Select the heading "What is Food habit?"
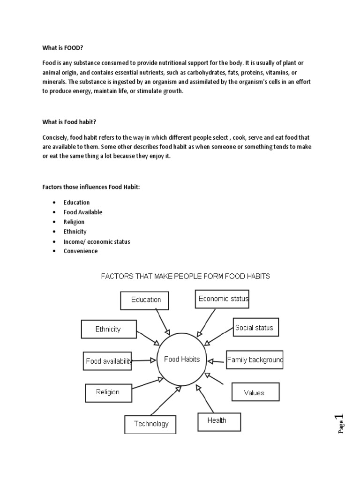tap(69, 122)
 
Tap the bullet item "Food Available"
tap(83, 212)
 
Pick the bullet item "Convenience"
tap(81, 251)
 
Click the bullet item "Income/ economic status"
tap(97, 241)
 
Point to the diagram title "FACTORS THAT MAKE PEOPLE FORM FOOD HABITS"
tap(186, 276)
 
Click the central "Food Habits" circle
tap(182, 360)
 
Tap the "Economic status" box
tap(222, 299)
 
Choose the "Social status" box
tap(255, 328)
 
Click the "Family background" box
tap(255, 360)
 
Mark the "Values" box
tap(255, 392)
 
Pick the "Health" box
tap(219, 421)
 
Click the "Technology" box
tap(150, 424)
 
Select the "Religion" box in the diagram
tap(108, 392)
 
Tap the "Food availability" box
tap(108, 361)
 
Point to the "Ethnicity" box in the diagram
tap(109, 329)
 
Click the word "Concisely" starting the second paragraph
tap(55, 137)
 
